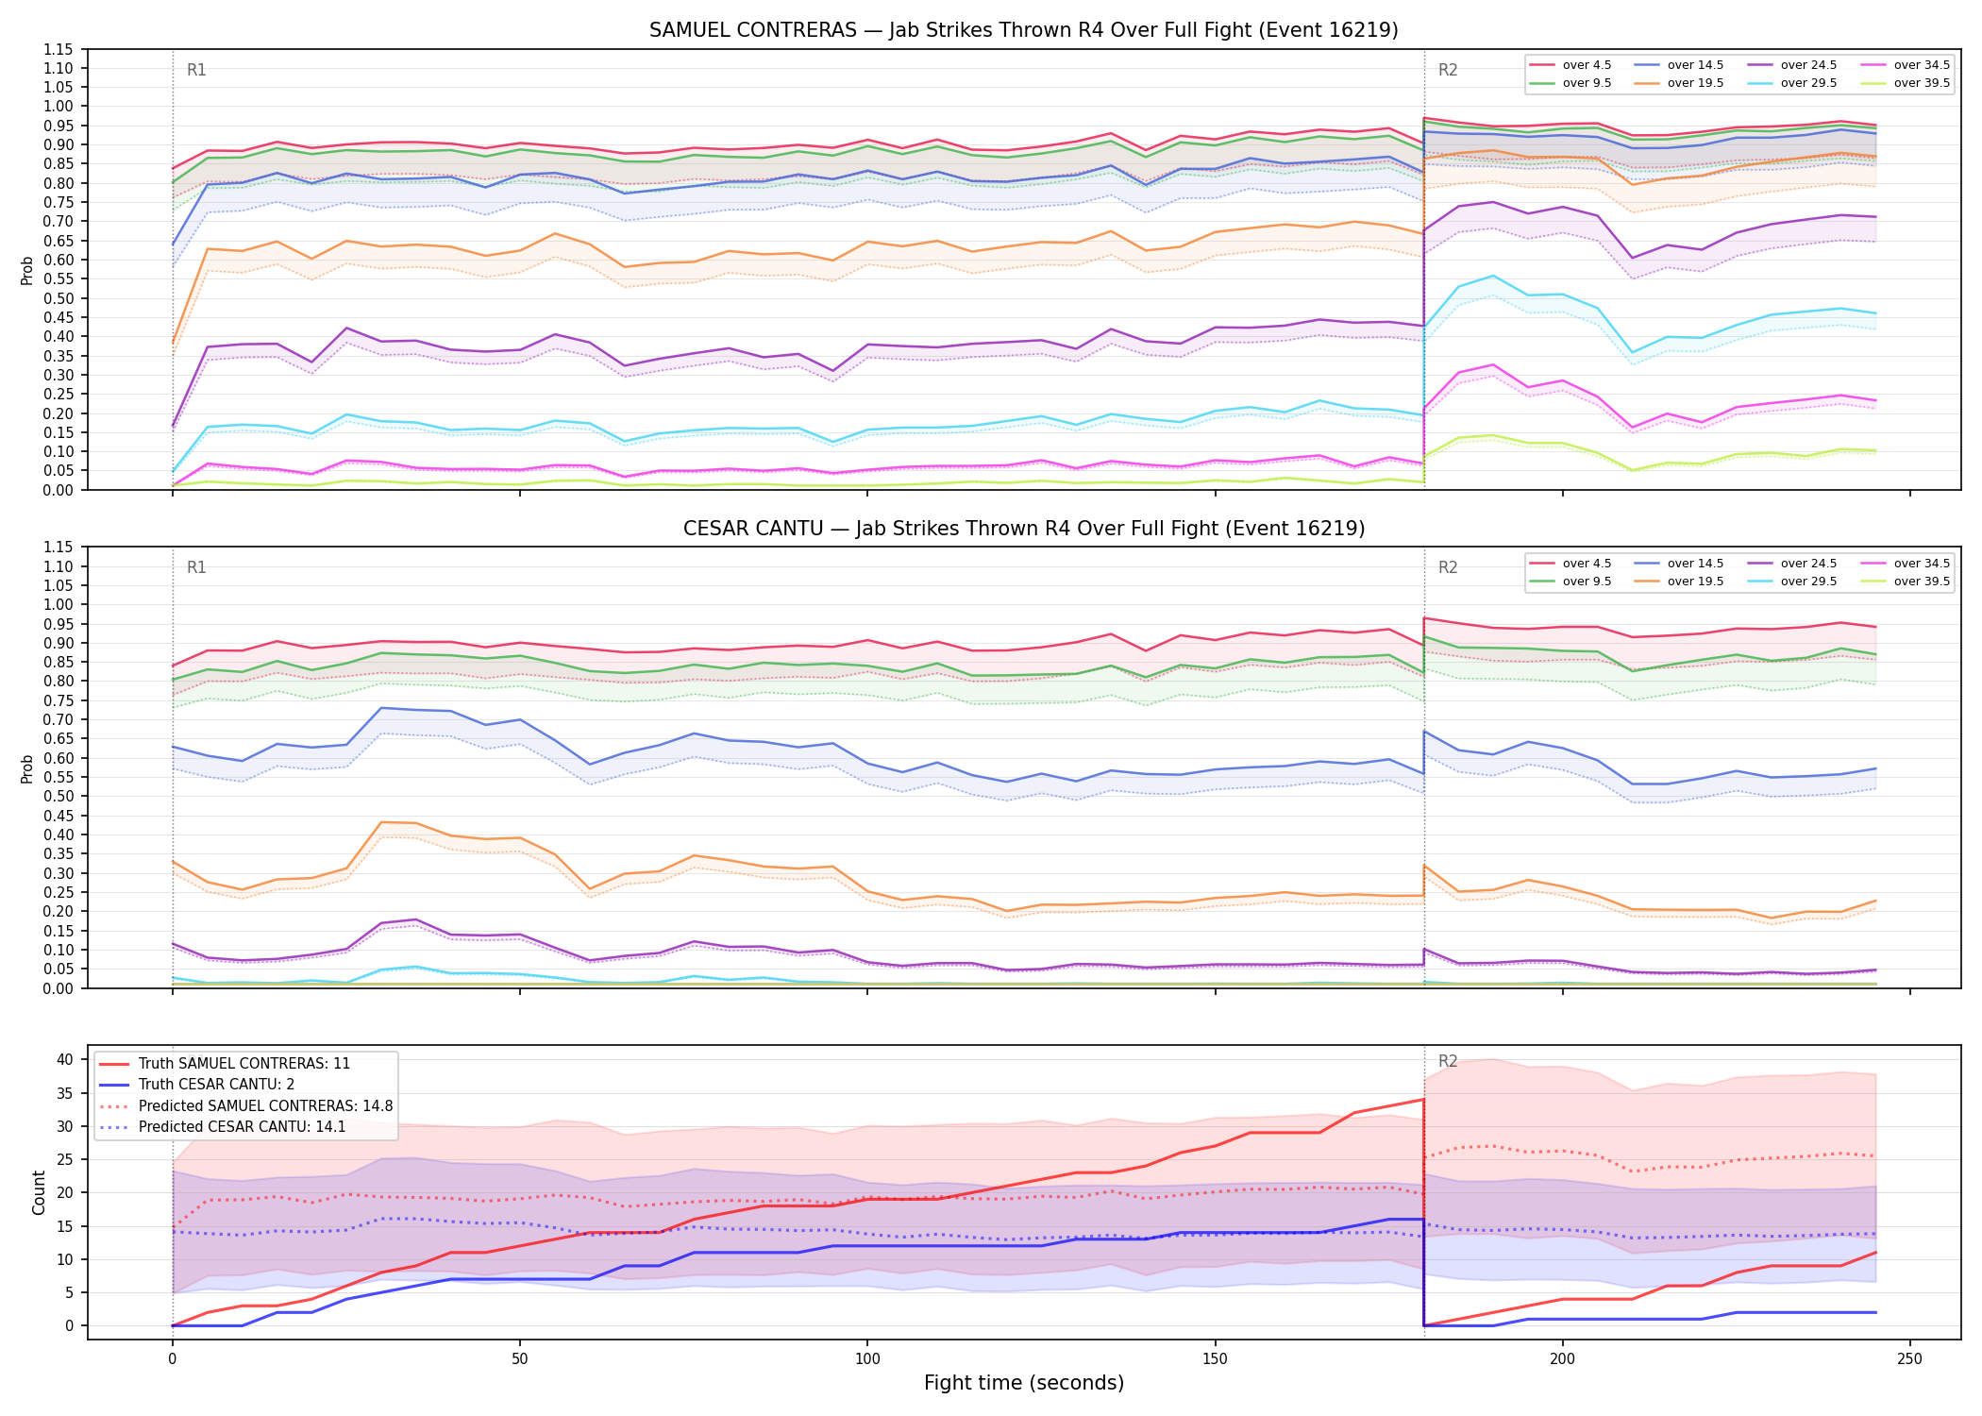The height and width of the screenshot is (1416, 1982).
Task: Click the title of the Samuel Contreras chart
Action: pos(1023,30)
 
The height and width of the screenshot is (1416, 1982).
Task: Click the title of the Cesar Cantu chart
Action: pos(1023,529)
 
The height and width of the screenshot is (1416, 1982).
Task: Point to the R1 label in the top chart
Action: pos(196,70)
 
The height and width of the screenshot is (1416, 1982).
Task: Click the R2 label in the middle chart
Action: pos(1448,567)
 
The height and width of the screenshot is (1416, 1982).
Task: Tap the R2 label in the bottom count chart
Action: pos(1448,1061)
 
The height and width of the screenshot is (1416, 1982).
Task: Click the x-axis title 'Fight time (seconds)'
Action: pos(1024,1383)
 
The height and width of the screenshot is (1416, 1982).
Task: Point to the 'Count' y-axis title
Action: pos(39,1192)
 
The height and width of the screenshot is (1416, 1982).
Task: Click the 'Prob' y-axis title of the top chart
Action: pos(27,270)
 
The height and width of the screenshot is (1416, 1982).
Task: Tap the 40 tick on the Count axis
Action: pos(65,1059)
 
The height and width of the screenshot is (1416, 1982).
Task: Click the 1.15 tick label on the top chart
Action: pos(59,49)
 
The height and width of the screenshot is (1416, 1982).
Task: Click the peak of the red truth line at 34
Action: pos(1423,1099)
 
